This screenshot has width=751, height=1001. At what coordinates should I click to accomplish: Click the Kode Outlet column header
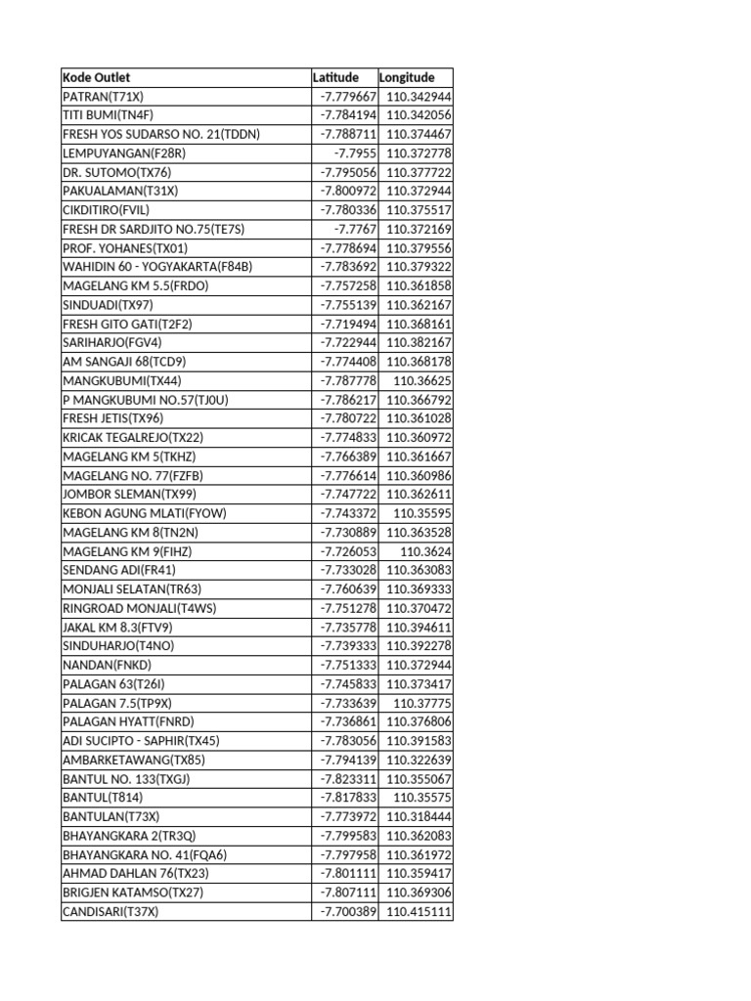tap(97, 77)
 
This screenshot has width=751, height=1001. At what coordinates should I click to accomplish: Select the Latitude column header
tap(335, 77)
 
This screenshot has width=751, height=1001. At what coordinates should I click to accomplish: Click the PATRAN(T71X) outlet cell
tap(103, 97)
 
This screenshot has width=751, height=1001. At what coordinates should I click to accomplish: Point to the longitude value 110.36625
tap(422, 380)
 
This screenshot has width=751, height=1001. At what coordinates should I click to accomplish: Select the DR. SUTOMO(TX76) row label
tap(116, 172)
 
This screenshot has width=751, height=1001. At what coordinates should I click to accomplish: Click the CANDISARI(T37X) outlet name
tap(110, 911)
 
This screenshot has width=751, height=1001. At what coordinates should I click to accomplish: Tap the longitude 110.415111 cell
tap(419, 911)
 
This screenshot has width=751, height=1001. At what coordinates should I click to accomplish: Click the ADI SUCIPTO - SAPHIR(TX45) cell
tap(141, 740)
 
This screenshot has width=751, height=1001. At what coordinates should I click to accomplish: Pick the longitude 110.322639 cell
tap(419, 760)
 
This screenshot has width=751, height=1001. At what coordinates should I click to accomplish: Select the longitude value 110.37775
tap(422, 703)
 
